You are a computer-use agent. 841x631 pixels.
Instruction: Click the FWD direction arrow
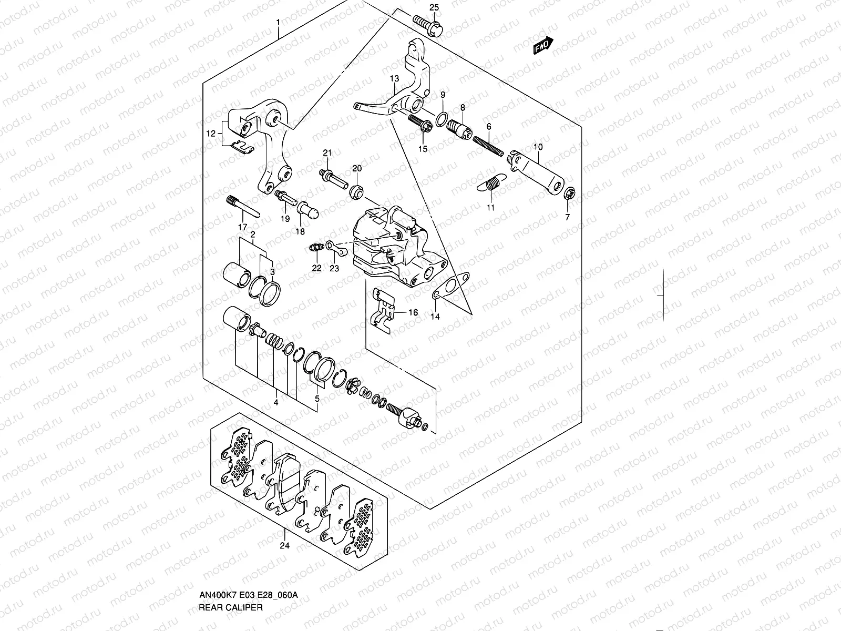(x=543, y=45)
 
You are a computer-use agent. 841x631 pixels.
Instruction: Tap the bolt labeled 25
(x=427, y=25)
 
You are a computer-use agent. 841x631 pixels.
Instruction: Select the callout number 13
(x=394, y=78)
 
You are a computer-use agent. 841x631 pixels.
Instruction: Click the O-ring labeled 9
(x=442, y=119)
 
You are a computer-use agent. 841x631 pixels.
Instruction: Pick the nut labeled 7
(x=570, y=194)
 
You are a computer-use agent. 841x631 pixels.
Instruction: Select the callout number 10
(x=538, y=147)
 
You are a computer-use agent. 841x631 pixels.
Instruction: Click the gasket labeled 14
(x=450, y=286)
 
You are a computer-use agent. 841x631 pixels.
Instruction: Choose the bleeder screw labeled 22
(x=317, y=248)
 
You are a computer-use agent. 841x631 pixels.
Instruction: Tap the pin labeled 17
(x=243, y=207)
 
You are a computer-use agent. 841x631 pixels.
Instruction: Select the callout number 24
(x=285, y=546)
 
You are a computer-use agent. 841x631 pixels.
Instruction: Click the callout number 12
(x=211, y=134)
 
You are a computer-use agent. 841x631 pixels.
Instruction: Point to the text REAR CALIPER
(x=231, y=607)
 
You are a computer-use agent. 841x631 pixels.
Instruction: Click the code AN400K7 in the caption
(x=218, y=595)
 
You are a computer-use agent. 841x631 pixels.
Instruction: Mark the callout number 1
(x=278, y=23)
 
